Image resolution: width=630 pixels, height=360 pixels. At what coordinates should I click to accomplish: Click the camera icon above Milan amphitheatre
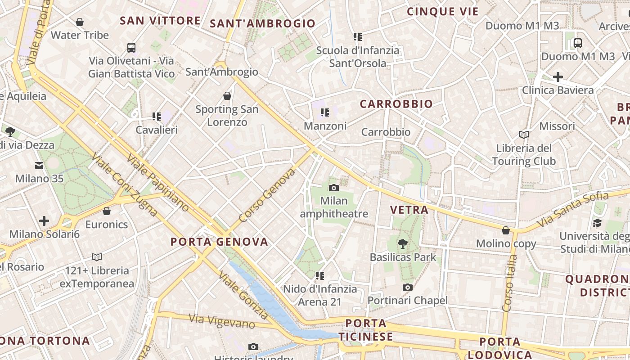(x=333, y=188)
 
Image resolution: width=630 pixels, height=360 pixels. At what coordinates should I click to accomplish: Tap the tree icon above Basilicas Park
(x=403, y=244)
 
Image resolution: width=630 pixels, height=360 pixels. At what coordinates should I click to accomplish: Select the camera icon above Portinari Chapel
(x=408, y=287)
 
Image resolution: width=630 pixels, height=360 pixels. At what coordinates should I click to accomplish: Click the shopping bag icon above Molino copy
(x=506, y=230)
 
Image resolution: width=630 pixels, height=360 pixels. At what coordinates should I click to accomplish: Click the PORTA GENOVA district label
(x=219, y=242)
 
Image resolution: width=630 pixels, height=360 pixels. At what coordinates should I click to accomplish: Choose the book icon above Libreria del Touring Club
(x=524, y=135)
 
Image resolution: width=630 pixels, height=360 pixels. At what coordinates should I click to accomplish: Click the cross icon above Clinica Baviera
(x=558, y=77)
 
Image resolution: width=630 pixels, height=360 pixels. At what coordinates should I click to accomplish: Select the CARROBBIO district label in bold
(x=396, y=104)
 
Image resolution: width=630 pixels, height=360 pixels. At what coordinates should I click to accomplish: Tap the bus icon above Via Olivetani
(x=131, y=47)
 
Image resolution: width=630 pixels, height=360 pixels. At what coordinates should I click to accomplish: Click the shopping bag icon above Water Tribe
(x=80, y=22)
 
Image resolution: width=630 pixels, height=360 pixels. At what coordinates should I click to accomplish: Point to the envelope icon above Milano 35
(x=39, y=165)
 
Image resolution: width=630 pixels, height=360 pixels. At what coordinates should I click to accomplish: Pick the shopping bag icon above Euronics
(x=107, y=211)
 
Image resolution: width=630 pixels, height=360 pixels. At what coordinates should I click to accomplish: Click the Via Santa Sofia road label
(x=572, y=210)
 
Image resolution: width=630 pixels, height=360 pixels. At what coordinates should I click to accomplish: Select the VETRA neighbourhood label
(x=409, y=210)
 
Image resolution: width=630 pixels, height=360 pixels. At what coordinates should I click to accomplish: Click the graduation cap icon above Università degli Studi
(x=597, y=223)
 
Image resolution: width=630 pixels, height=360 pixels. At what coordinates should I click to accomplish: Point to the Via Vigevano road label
(x=222, y=321)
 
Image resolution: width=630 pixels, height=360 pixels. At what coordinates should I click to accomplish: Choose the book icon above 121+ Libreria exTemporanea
(x=97, y=257)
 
